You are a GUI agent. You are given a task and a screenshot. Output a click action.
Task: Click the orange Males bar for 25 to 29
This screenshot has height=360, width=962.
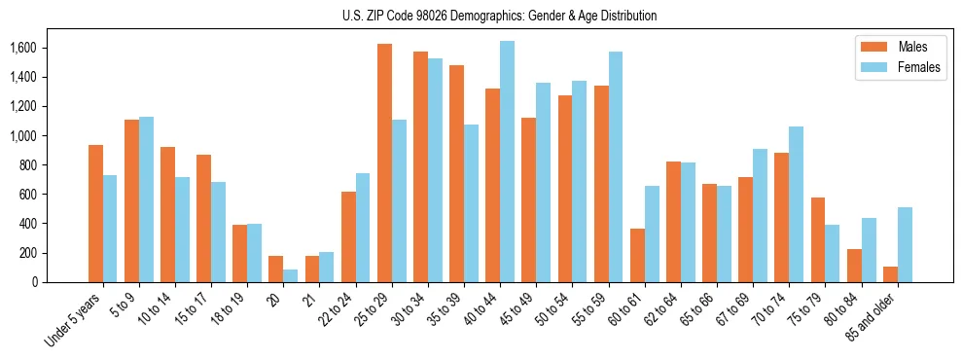coord(384,162)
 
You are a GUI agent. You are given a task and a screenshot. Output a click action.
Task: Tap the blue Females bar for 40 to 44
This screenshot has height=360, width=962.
coord(507,162)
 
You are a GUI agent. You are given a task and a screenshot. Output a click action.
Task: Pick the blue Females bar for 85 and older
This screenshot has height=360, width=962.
coord(905,244)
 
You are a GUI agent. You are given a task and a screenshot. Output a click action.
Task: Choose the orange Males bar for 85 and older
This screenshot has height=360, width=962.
coord(890,274)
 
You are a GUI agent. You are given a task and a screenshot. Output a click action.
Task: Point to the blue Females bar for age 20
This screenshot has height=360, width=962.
coord(291,275)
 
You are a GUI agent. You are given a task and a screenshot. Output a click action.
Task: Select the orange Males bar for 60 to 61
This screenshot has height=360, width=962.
coord(637,255)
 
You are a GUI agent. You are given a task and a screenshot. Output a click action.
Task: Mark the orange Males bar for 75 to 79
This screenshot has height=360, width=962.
coord(818,239)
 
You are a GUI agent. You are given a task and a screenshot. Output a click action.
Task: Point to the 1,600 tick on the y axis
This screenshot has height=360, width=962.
coord(22,48)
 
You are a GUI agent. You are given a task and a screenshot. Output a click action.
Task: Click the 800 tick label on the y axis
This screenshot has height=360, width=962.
coord(27,165)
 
